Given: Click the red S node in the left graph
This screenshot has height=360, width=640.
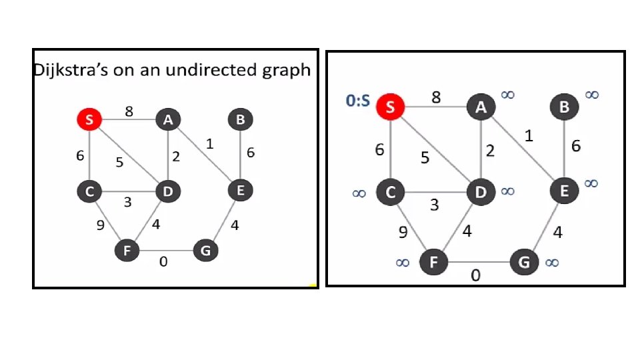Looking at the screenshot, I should click(89, 120).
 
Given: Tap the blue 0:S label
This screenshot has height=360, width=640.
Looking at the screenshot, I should click(358, 102).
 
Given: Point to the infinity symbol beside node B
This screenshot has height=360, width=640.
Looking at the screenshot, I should click(591, 95).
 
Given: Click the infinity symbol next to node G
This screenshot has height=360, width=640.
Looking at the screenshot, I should click(552, 263).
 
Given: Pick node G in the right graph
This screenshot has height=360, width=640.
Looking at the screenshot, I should click(524, 262).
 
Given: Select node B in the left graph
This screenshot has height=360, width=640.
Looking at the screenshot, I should click(239, 120).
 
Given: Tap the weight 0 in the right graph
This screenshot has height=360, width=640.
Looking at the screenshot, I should click(475, 275).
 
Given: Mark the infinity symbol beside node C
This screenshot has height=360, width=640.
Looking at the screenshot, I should click(359, 193).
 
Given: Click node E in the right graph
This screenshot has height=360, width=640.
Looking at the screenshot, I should click(563, 192).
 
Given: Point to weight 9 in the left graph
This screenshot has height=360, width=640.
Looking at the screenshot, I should click(101, 225).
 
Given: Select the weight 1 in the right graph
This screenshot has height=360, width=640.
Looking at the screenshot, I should click(529, 136).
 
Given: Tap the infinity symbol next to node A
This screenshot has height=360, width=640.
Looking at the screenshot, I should click(507, 95).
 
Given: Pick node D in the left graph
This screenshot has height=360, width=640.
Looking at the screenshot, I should click(166, 193).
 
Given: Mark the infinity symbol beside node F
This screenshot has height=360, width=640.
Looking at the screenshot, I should click(403, 263).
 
